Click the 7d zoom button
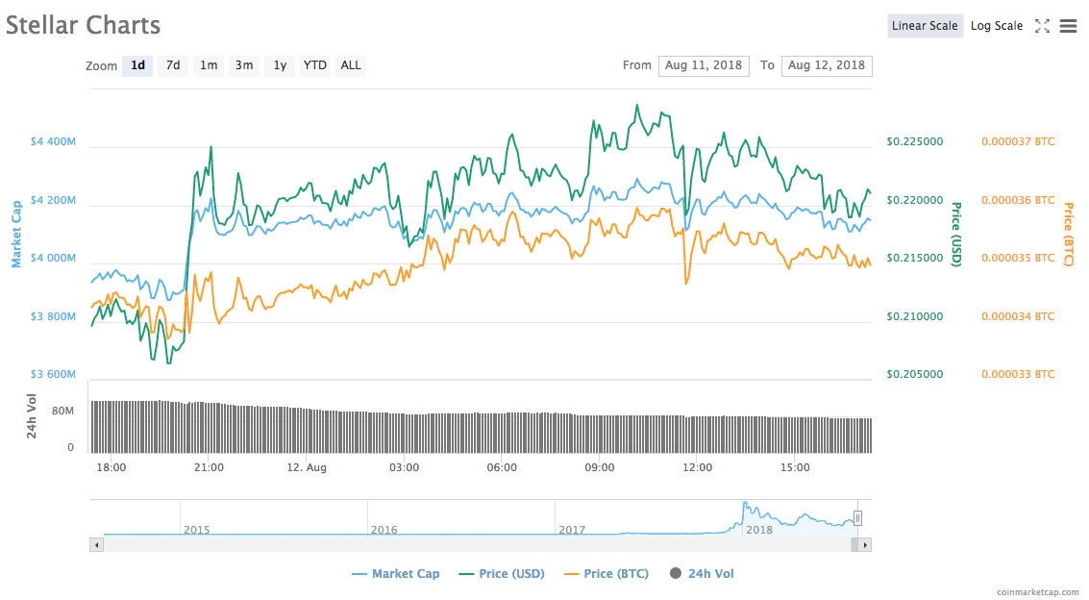coord(173,65)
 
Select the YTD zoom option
coord(314,65)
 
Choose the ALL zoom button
coord(351,65)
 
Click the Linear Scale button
coord(924,26)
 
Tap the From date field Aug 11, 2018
coord(704,65)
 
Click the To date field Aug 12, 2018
coord(827,65)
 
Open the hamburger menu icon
coord(1068,26)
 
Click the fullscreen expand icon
coord(1042,26)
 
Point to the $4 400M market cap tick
coord(53,141)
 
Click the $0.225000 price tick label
coord(914,141)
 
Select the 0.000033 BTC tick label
coord(1017,374)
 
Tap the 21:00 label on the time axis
coord(209,467)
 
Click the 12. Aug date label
coord(307,467)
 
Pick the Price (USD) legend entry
coord(511,574)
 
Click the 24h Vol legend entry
coord(710,574)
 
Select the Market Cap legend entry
coord(405,574)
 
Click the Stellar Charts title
coord(84,25)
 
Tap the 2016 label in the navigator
coord(384,530)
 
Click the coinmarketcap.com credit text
coord(1037,591)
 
